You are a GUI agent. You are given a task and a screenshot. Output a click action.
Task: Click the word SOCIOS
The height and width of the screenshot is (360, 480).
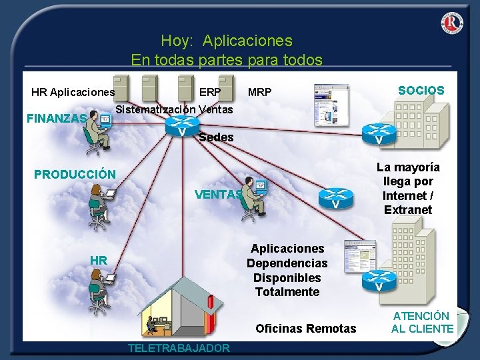coord(421,91)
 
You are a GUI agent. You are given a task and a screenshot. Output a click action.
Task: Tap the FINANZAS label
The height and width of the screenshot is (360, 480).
coord(56,119)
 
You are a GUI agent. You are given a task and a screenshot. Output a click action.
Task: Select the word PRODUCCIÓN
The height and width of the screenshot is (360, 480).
coord(75,175)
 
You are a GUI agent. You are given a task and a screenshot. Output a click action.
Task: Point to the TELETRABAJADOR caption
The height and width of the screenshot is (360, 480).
coord(179,348)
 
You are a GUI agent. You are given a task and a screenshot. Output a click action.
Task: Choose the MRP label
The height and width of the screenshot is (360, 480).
coord(259,92)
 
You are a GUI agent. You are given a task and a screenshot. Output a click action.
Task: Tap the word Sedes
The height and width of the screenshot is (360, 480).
coord(217,137)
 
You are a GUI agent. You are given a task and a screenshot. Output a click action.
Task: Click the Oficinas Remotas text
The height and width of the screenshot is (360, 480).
coord(306,328)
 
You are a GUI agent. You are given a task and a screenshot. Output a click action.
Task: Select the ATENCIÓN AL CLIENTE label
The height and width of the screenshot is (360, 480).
coord(422,322)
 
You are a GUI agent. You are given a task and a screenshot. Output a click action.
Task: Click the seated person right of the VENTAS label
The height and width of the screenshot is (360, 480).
coord(254,197)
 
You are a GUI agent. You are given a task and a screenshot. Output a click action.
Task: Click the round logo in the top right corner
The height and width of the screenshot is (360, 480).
coord(451,23)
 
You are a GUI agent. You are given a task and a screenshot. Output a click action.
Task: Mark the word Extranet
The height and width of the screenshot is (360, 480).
coord(408,210)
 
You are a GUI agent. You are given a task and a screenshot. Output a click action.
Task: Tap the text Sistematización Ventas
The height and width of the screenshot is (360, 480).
coord(174,109)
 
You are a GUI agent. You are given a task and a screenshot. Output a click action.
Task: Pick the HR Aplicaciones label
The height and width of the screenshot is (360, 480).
coord(73,92)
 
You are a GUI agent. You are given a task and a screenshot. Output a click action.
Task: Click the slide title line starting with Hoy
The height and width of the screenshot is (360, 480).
coord(226,41)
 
